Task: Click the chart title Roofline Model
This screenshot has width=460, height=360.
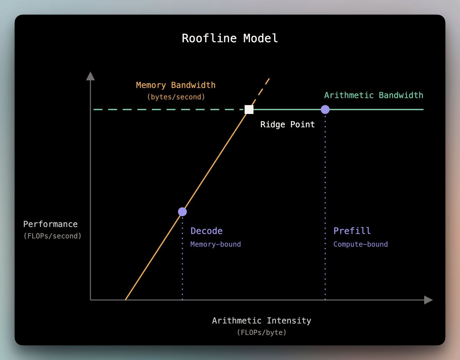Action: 230,38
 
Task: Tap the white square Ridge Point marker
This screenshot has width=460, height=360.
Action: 249,110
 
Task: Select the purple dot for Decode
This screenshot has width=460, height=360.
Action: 182,211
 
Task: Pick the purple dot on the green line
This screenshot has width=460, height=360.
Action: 325,110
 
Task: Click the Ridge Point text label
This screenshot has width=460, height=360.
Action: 287,124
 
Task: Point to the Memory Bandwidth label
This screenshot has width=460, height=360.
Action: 176,85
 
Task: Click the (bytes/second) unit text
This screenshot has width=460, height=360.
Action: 176,97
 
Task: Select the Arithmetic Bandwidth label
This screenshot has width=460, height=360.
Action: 374,95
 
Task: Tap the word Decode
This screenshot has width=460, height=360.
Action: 207,231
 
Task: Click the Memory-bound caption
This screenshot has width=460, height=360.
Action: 215,244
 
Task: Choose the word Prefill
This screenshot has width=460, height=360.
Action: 352,231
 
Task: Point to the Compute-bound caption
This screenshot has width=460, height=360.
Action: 360,244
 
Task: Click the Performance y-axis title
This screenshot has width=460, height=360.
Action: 50,224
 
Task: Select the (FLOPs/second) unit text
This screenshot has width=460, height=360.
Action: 52,236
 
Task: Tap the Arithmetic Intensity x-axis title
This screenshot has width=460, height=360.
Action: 262,321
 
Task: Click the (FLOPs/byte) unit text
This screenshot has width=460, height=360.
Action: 262,332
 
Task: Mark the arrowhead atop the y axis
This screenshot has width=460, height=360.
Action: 90,76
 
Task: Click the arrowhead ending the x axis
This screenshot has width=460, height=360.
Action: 429,300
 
